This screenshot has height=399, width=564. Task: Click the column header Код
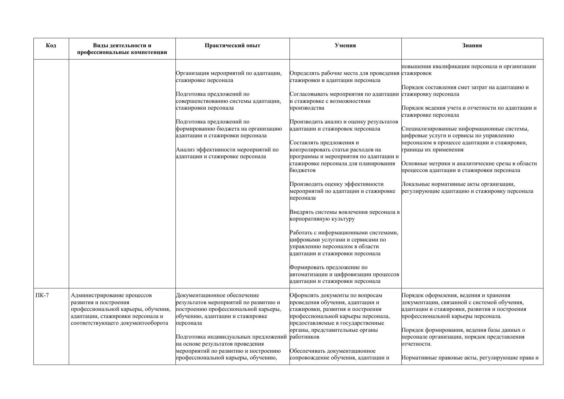(51, 45)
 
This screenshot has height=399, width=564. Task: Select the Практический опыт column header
(232, 45)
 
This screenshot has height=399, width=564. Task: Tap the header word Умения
(345, 45)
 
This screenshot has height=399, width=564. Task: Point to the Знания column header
(472, 45)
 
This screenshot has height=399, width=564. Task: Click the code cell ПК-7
(42, 295)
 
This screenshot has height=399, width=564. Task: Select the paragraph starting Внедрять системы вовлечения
(345, 215)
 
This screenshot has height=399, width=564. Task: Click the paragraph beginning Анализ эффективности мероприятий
(227, 153)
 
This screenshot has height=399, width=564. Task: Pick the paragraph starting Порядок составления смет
(465, 91)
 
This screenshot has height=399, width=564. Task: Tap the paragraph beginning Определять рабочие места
(344, 77)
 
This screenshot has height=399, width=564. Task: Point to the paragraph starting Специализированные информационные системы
(465, 139)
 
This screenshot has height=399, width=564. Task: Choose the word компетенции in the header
(149, 52)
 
